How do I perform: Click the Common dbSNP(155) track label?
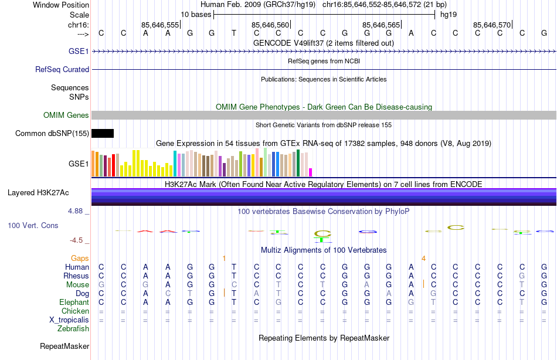click(x=52, y=134)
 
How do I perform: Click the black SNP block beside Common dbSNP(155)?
click(x=103, y=134)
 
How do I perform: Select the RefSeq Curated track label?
click(x=62, y=69)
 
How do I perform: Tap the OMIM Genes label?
click(x=66, y=115)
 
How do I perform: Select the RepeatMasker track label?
click(x=64, y=347)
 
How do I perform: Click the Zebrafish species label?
click(x=73, y=329)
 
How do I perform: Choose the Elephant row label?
click(x=74, y=303)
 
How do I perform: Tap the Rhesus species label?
click(x=77, y=276)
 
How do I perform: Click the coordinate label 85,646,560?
click(x=270, y=25)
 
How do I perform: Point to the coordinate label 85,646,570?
click(x=492, y=25)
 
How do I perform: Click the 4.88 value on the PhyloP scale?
click(x=78, y=211)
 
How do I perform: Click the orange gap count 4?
click(x=423, y=258)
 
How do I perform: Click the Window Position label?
click(x=61, y=5)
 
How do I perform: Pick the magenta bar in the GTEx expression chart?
click(x=310, y=172)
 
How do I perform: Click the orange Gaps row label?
click(x=80, y=258)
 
